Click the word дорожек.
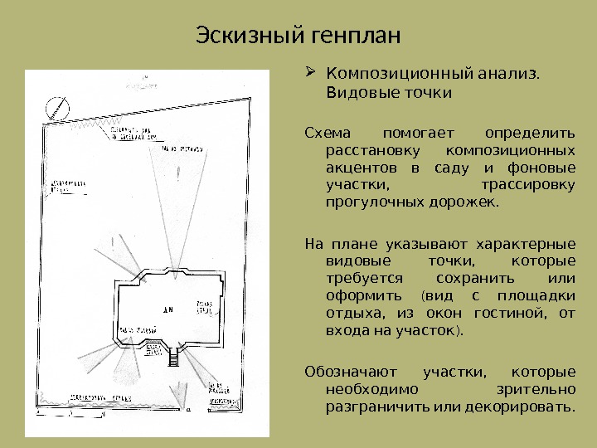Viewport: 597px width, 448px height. (x=469, y=202)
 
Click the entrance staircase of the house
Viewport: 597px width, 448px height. (x=173, y=358)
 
